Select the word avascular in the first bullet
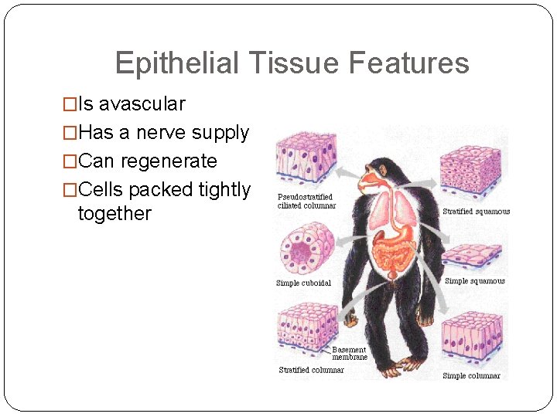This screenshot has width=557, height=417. (x=142, y=103)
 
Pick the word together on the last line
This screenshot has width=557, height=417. (x=114, y=213)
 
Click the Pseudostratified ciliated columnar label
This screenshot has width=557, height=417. (x=306, y=202)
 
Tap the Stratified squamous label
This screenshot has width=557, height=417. (x=476, y=212)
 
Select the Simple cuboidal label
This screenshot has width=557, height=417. (x=303, y=283)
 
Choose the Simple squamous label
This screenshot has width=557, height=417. (x=474, y=281)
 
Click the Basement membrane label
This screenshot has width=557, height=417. (x=349, y=354)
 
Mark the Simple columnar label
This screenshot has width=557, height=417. (x=471, y=376)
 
